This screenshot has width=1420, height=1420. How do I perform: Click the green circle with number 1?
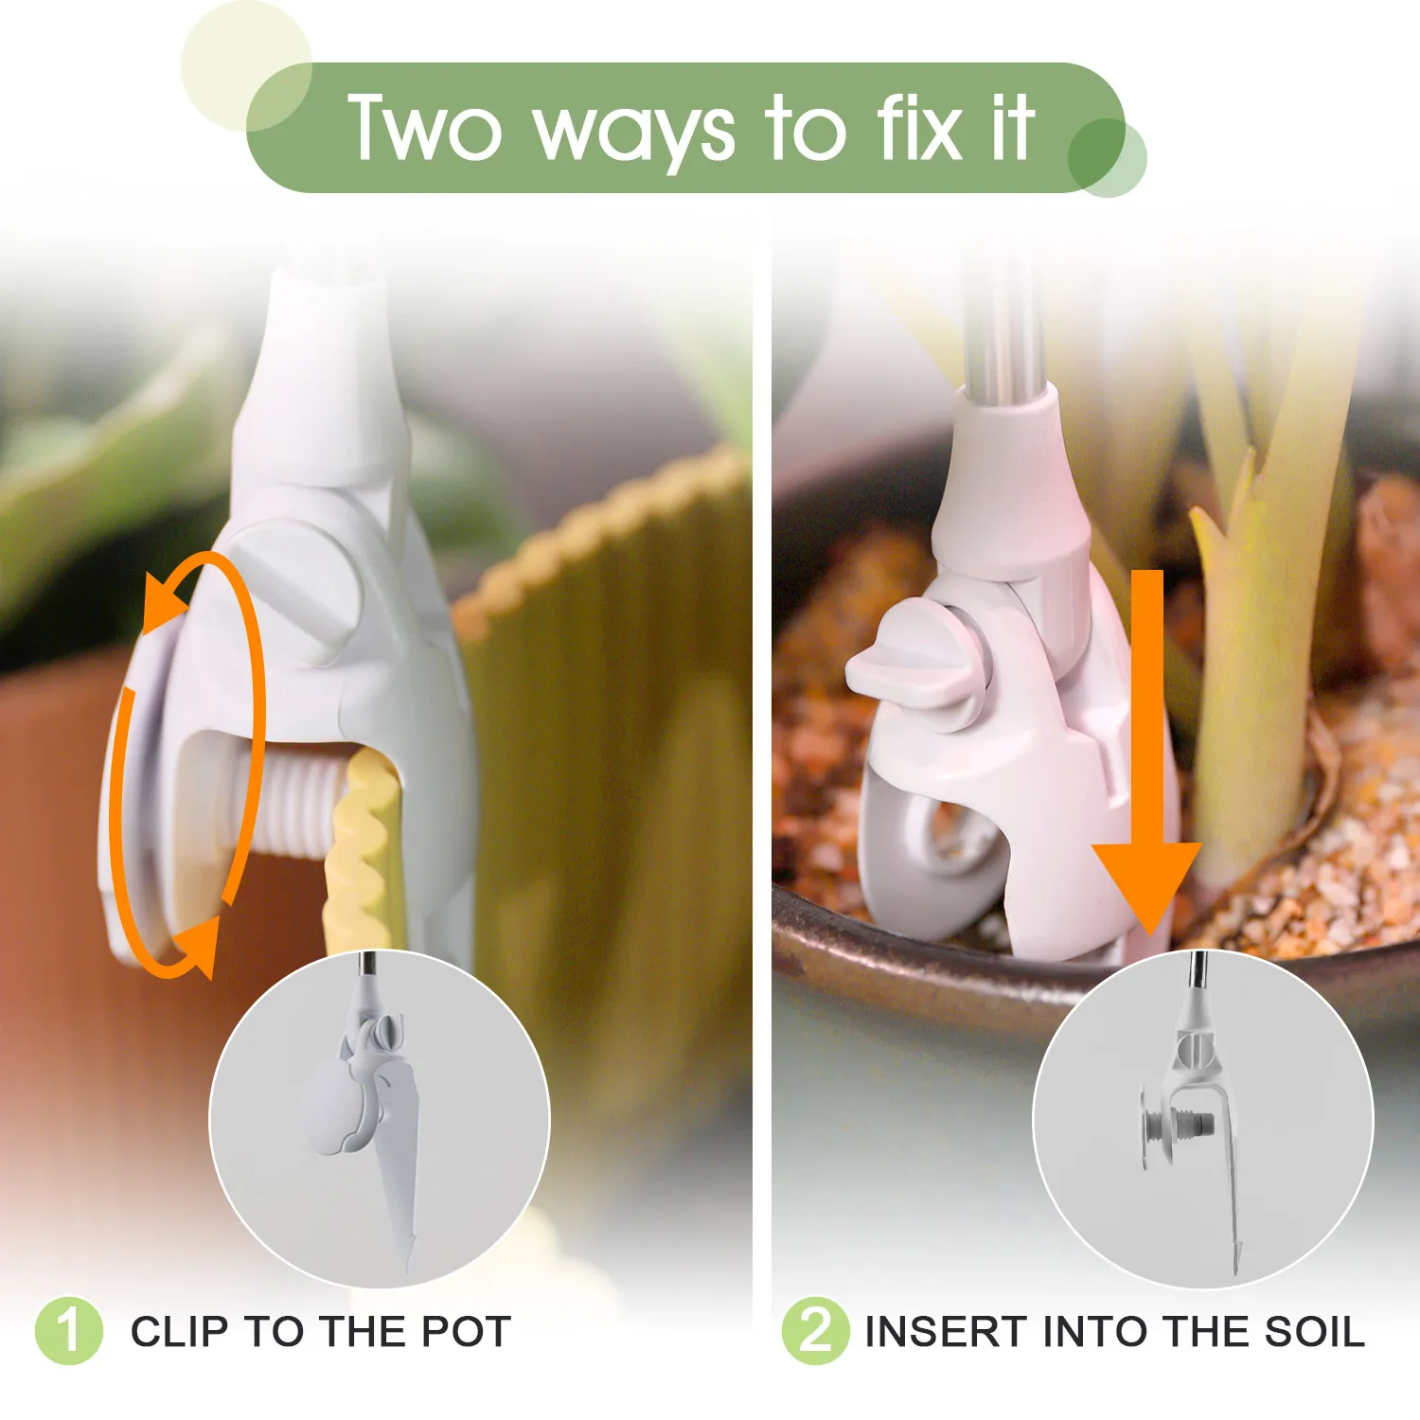coord(68,1330)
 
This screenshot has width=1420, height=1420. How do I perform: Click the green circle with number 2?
coord(815,1330)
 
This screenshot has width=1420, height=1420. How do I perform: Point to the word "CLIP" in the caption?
coord(180,1331)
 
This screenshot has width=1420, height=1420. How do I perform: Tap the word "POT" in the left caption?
coord(466,1331)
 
